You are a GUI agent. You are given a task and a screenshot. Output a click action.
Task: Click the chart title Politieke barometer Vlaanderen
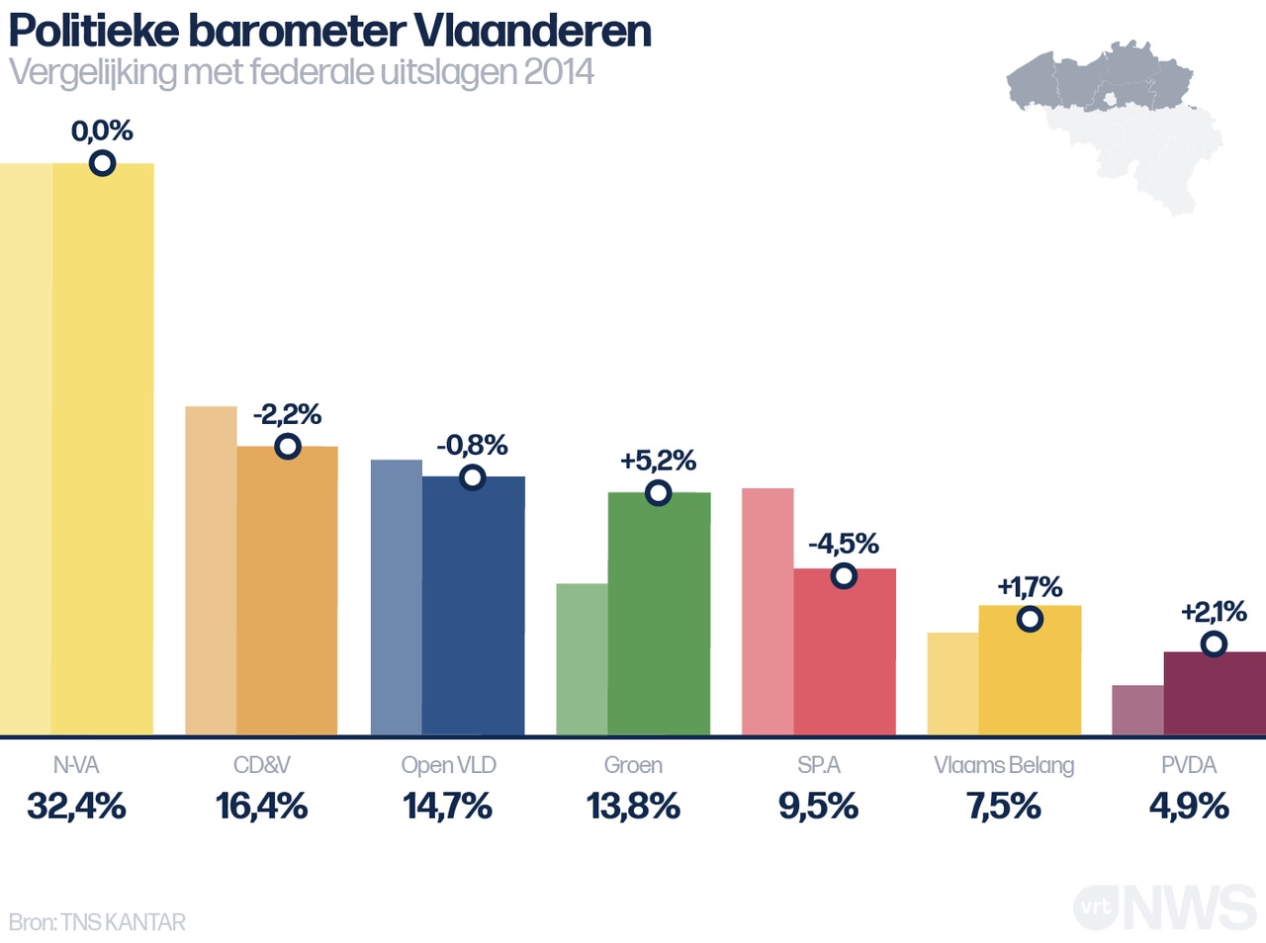330,31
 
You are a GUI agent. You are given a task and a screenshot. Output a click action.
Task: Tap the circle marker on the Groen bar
658,492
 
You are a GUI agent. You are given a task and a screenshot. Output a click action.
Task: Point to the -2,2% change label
288,414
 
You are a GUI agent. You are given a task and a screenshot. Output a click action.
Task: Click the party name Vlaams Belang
1004,765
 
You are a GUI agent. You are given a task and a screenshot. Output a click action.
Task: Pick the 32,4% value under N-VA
76,807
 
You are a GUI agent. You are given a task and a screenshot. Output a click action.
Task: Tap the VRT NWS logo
1164,906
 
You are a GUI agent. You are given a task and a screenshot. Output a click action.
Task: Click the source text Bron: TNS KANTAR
97,922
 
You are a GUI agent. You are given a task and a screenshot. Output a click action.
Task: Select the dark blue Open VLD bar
473,613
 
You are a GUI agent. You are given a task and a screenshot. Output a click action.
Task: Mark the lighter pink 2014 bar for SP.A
768,613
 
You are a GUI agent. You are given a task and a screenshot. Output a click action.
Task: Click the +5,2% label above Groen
658,461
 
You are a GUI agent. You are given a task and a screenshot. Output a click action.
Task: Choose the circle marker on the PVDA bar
1214,644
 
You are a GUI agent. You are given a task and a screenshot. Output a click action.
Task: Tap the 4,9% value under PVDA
1189,807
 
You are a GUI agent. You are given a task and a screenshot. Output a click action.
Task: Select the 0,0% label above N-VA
102,130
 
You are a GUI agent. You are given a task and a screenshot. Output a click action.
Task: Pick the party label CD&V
262,765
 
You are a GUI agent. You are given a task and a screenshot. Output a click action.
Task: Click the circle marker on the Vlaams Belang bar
1030,620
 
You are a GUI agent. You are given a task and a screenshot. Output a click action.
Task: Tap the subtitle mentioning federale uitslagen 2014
302,72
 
